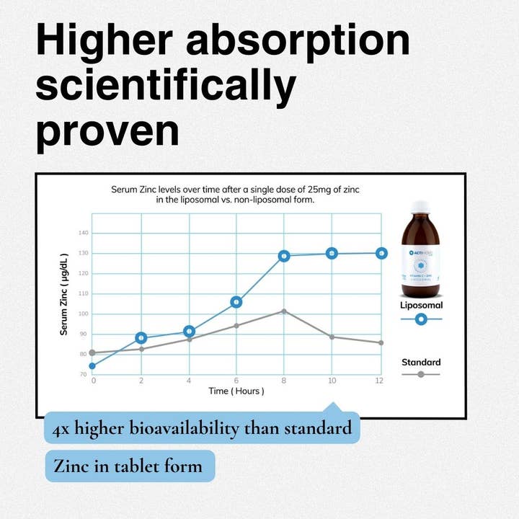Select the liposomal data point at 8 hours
[284, 256]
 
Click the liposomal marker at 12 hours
[381, 253]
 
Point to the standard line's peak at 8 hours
[284, 311]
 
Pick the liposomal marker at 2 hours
[141, 337]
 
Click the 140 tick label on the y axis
[83, 233]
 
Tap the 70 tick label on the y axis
[84, 375]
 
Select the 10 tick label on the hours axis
[332, 380]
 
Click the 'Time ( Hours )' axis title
[236, 391]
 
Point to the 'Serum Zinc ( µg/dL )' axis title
[64, 294]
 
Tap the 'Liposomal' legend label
[421, 305]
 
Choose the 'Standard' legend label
[421, 362]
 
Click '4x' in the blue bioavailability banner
[61, 429]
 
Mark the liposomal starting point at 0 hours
[93, 366]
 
